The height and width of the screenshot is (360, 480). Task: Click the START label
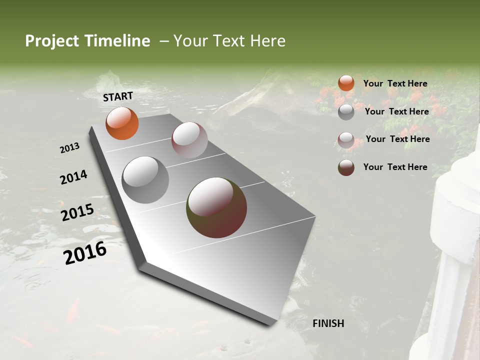118,96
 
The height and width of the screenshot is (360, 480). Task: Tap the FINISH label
328,323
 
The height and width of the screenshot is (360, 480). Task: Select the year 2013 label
69,148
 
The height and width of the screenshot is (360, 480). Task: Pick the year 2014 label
73,177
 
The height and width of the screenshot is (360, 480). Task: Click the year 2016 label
85,253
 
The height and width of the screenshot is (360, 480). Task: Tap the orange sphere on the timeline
122,123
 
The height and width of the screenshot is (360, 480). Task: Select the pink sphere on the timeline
189,140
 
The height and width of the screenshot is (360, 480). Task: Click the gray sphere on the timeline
145,180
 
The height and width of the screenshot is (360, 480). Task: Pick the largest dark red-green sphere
216,207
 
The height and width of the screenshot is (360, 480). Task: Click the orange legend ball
346,83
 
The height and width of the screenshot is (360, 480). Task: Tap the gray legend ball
346,112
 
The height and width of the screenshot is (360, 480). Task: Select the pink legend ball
346,140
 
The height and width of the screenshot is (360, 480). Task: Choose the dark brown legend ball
346,167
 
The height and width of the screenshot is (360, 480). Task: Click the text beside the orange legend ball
395,83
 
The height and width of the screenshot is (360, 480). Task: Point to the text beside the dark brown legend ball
395,167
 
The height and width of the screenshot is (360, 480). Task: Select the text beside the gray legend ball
396,111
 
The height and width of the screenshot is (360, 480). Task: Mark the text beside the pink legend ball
397,139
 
